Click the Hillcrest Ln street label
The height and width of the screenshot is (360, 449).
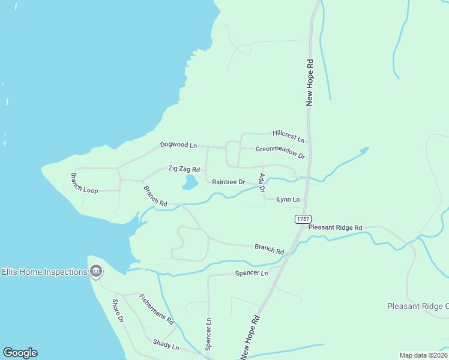(x=288, y=136)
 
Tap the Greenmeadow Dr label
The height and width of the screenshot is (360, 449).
(x=280, y=152)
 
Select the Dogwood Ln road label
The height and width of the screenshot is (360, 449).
(x=178, y=145)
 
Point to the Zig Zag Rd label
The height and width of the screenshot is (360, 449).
(x=184, y=170)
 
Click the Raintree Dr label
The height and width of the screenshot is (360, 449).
(x=229, y=182)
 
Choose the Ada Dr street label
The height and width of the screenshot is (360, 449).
(x=261, y=183)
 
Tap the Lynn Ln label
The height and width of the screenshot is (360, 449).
(x=288, y=199)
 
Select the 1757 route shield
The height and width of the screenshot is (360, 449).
(x=303, y=220)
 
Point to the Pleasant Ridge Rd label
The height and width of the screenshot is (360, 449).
(x=336, y=228)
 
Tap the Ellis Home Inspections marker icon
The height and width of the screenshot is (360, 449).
(x=96, y=272)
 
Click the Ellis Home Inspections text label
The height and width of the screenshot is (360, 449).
(x=44, y=272)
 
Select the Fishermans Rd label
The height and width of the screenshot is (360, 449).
(x=156, y=309)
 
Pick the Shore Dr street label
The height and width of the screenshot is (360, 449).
(x=118, y=311)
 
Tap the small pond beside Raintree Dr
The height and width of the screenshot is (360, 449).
(x=190, y=182)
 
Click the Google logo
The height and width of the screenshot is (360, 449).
(x=20, y=353)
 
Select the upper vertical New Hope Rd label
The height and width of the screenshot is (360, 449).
(x=310, y=82)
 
